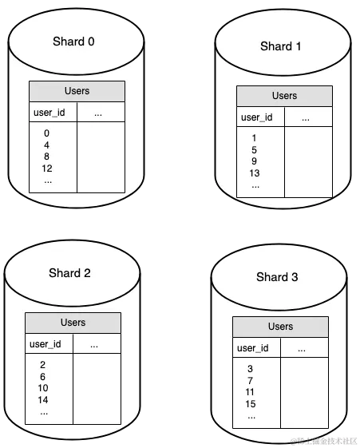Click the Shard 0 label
(73, 42)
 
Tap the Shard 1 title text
(281, 46)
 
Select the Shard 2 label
(69, 273)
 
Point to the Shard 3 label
(277, 277)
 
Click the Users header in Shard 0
(77, 91)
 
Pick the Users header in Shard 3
(281, 327)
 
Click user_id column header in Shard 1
(257, 117)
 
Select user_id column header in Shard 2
(45, 344)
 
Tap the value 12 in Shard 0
(47, 168)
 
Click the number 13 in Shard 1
(255, 173)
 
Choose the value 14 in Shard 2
(43, 400)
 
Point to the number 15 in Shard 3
(251, 404)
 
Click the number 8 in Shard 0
(46, 157)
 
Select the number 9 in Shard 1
(254, 161)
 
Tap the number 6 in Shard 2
(42, 377)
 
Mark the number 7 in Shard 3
(250, 381)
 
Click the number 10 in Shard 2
(43, 388)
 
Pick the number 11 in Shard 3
(250, 392)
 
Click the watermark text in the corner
(324, 441)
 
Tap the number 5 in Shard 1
(254, 150)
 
